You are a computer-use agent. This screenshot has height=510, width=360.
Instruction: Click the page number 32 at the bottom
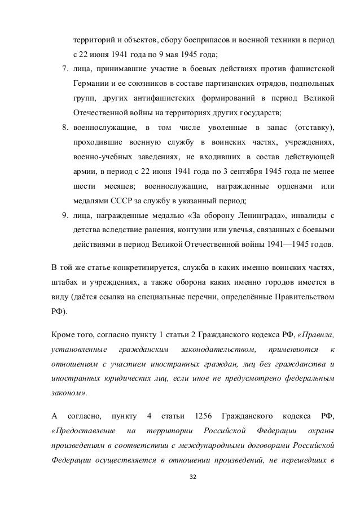point(194,477)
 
